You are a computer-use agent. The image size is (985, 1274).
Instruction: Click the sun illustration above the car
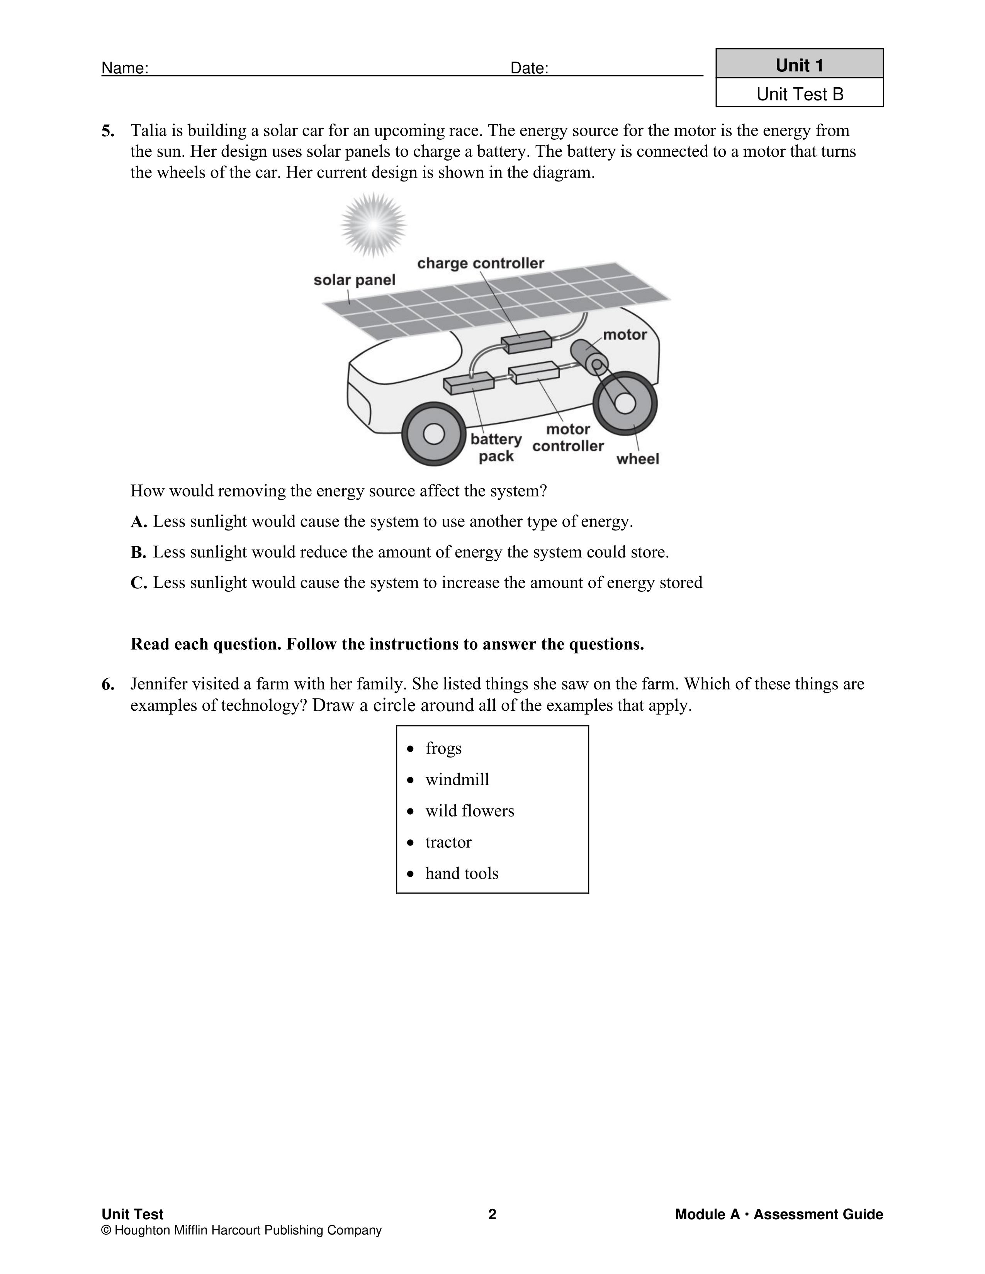coord(374,225)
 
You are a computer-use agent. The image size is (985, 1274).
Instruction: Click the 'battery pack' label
coord(496,447)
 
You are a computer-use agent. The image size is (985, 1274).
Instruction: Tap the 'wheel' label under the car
coord(637,459)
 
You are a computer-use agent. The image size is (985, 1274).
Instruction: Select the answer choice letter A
coord(138,522)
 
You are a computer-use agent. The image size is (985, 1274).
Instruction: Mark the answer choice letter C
coord(138,583)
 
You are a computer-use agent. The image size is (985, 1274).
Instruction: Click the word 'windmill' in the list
coord(457,779)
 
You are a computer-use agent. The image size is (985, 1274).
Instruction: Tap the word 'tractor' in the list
coord(448,842)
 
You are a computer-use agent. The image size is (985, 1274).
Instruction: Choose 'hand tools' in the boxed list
coord(462,873)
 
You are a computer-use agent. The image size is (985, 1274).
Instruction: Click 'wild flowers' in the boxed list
coord(470,811)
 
